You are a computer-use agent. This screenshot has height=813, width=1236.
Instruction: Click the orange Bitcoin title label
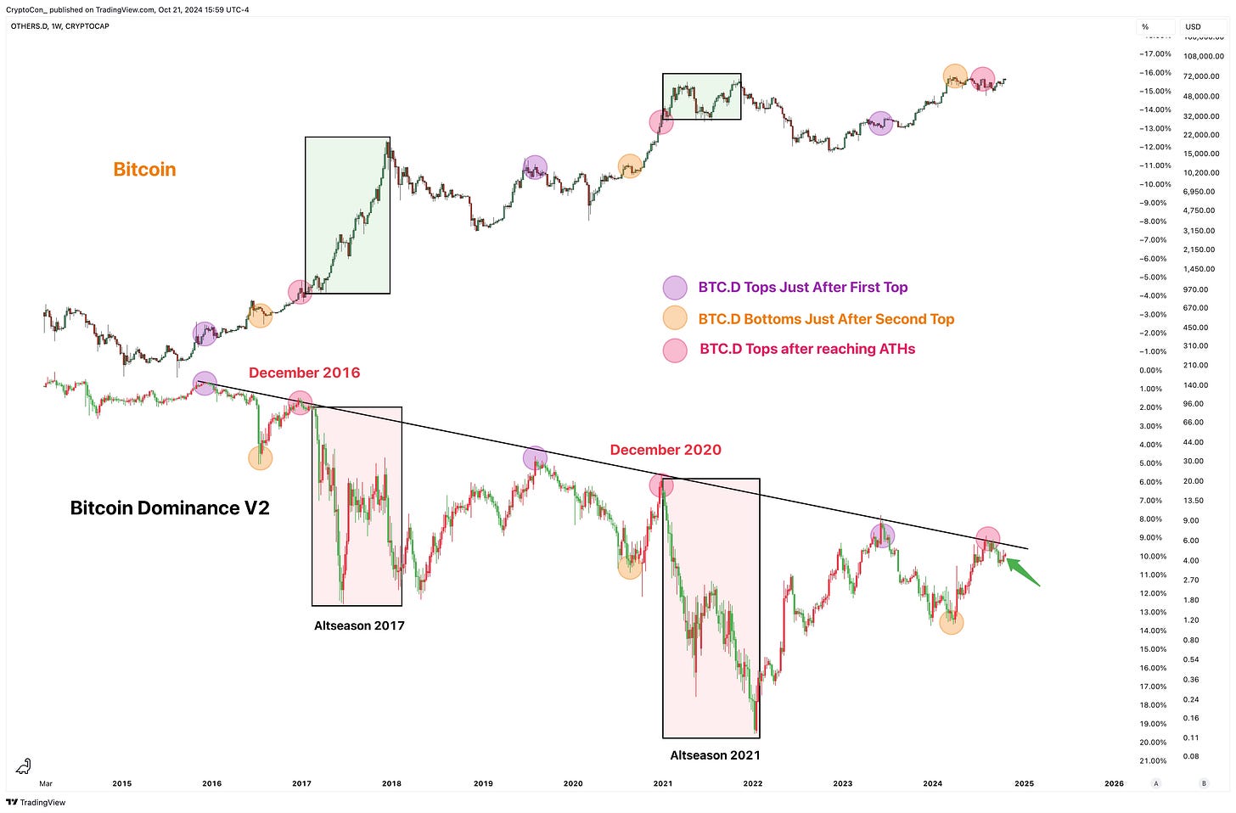(x=144, y=170)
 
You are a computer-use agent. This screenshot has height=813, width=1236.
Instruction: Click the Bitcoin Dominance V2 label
(x=170, y=507)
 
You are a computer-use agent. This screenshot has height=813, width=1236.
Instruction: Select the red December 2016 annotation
(x=304, y=373)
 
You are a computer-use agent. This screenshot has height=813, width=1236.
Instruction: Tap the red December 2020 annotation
(x=666, y=450)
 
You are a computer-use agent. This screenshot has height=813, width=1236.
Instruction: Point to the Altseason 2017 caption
(x=359, y=625)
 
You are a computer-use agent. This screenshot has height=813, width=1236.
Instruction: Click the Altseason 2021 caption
(x=715, y=755)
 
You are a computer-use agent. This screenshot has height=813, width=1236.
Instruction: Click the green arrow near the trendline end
(x=1023, y=573)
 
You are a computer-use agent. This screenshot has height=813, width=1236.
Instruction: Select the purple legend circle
(x=675, y=288)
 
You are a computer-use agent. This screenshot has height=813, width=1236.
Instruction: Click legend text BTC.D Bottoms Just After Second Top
(x=826, y=319)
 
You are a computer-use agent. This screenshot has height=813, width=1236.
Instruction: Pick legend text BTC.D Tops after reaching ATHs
(x=807, y=349)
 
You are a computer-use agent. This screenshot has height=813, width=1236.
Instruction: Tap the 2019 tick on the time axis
(x=483, y=783)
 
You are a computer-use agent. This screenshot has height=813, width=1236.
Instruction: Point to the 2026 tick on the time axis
(x=1114, y=783)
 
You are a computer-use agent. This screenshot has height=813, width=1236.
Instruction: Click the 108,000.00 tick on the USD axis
(x=1204, y=56)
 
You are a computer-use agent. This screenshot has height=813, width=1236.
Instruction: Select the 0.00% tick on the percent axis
(x=1150, y=371)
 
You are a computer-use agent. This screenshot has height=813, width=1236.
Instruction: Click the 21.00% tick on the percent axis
(x=1153, y=761)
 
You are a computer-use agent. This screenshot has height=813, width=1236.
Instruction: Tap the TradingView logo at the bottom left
(x=36, y=803)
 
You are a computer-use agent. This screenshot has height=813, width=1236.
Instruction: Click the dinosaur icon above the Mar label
(x=23, y=766)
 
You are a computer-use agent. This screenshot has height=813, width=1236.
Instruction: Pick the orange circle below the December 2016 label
(x=261, y=457)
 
